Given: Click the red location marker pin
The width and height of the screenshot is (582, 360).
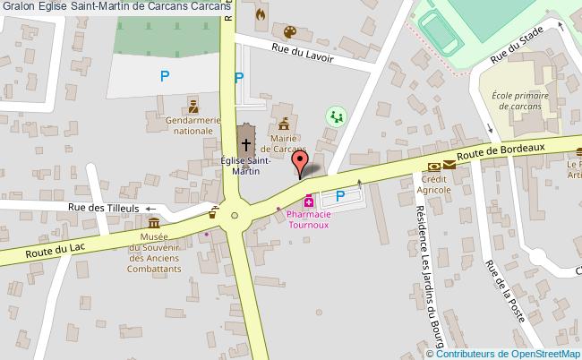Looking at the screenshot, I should pos(302,162).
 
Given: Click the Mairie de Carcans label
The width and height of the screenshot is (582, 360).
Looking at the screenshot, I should pos(284,142).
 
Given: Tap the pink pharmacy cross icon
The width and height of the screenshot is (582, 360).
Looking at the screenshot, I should pos(309,200).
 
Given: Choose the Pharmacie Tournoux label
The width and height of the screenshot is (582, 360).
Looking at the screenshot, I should pos(309,219).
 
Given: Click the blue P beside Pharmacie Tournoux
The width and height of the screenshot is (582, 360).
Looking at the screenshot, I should pos(339,196).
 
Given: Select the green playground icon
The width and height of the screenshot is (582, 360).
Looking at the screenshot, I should pos(336,116).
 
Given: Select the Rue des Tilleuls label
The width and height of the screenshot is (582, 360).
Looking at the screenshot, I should pos(104,208).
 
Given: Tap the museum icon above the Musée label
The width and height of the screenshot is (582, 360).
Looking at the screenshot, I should pos(154,223).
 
